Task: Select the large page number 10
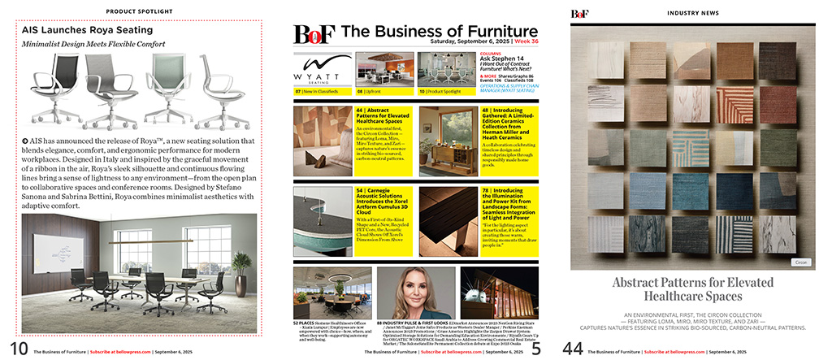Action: (15, 349)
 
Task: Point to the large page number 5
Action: (536, 349)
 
